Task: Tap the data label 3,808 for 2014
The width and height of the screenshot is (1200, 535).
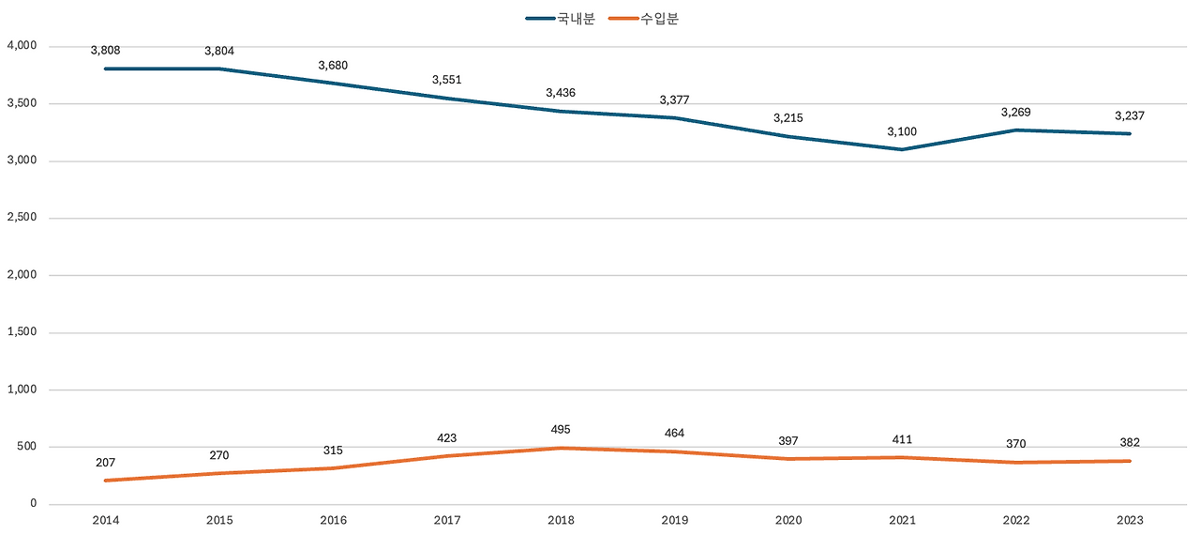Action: [105, 51]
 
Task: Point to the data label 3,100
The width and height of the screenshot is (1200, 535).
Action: [902, 131]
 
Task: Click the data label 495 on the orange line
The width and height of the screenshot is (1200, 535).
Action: [561, 430]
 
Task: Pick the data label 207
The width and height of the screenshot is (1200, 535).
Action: [105, 463]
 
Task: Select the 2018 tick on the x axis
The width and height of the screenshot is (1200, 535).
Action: [561, 520]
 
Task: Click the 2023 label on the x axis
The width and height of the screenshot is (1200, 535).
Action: [1130, 520]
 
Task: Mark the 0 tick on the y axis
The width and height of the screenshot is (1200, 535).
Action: [33, 504]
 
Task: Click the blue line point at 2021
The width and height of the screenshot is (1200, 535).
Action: [902, 149]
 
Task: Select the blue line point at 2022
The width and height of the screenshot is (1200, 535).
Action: [1016, 130]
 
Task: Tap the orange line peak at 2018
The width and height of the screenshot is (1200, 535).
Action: [561, 448]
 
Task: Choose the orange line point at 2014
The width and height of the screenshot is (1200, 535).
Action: [105, 481]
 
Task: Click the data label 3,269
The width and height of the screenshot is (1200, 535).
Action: [1016, 113]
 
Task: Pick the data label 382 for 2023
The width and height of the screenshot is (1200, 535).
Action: [1130, 443]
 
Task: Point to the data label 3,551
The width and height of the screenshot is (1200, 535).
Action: [446, 80]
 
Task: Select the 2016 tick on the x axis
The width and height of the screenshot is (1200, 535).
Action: [333, 520]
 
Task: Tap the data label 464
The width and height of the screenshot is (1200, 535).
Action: [674, 434]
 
